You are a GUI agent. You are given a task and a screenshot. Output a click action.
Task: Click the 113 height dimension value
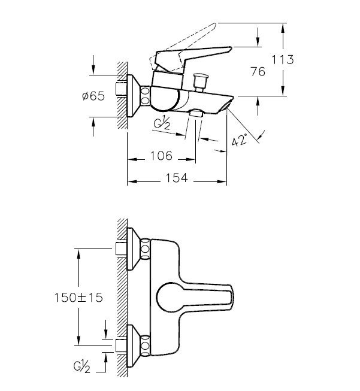click(x=282, y=60)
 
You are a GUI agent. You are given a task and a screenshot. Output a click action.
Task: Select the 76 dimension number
click(x=258, y=72)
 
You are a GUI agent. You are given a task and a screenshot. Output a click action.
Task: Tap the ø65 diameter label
click(x=93, y=96)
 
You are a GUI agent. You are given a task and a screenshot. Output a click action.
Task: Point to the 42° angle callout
click(x=239, y=140)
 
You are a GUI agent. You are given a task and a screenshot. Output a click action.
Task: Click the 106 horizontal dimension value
click(x=161, y=156)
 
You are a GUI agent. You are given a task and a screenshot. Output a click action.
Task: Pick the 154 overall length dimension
click(x=177, y=178)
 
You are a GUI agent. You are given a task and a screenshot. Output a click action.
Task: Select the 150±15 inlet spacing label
click(x=78, y=298)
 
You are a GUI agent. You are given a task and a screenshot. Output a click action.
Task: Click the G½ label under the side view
click(x=162, y=122)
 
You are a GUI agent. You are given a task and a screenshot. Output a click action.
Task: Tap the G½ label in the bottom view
click(x=81, y=366)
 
